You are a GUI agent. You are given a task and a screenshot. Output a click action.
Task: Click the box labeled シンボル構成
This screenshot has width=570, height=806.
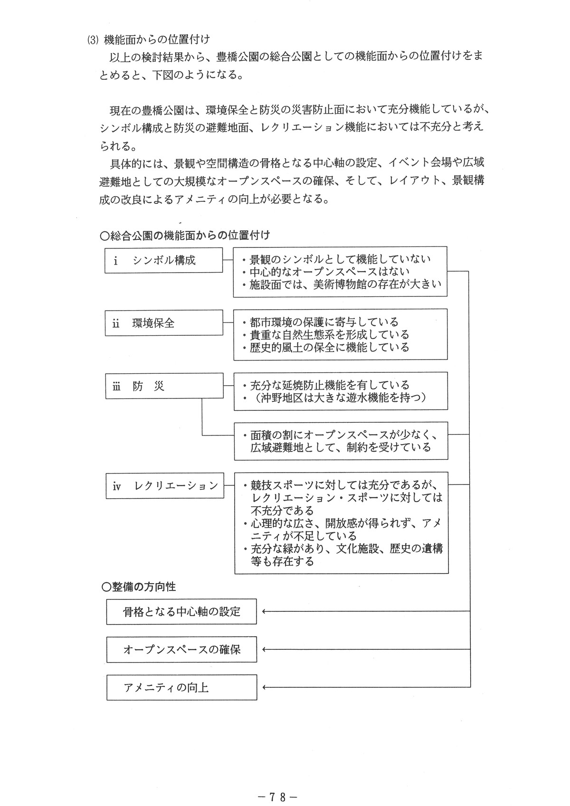coord(164,261)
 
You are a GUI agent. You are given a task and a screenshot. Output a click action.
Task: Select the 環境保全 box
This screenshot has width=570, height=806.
coord(164,323)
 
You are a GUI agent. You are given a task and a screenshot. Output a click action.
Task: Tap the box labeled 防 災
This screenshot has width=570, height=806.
coord(164,386)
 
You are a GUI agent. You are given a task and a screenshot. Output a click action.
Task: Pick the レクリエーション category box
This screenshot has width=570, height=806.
coord(165,485)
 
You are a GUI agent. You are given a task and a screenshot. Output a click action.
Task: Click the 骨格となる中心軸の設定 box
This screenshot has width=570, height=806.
coord(181,612)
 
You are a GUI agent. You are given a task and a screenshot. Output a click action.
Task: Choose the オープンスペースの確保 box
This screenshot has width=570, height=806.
coord(181,650)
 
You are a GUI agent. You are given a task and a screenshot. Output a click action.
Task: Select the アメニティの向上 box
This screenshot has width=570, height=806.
coord(181,688)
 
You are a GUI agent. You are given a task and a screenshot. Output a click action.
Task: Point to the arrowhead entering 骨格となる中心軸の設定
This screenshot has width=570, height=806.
coord(264,612)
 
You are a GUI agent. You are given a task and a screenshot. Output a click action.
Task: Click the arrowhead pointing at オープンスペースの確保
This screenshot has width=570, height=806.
coord(264,649)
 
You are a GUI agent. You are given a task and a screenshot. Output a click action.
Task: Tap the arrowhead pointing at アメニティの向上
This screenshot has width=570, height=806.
coord(264,687)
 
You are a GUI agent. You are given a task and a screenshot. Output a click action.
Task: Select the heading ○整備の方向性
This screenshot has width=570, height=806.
coord(139,587)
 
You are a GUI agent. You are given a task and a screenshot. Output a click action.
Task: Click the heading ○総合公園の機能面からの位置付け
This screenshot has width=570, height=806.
coord(185,236)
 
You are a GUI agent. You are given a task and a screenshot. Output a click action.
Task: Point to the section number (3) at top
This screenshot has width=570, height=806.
coord(92,40)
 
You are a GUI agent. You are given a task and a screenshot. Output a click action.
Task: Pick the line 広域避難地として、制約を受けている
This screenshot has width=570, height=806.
coord(341,447)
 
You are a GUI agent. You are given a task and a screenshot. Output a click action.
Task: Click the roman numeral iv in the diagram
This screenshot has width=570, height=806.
coord(117,486)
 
